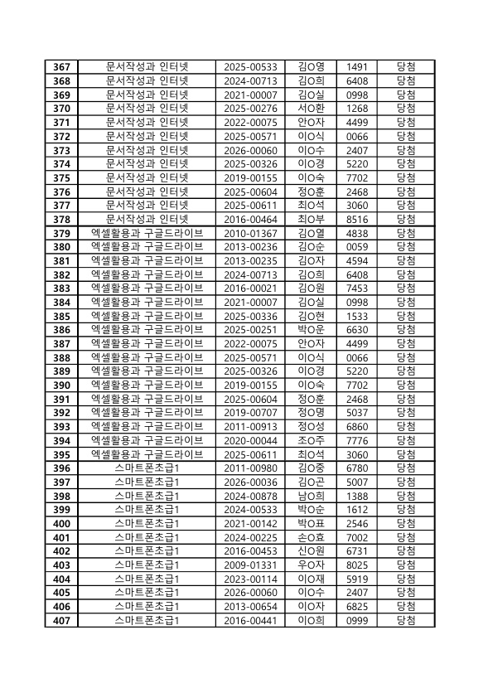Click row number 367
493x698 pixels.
coord(61,66)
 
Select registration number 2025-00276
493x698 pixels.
coord(251,108)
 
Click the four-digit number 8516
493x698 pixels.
coord(357,219)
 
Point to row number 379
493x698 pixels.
coord(61,233)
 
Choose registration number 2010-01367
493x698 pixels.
coord(251,233)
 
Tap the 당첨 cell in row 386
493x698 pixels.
coord(406,329)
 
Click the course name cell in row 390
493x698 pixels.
coord(147,385)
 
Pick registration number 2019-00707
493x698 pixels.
coord(251,412)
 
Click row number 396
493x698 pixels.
coord(61,468)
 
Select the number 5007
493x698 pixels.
coord(357,482)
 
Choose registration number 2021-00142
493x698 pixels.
coord(251,523)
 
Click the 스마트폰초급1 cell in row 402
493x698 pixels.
coord(147,550)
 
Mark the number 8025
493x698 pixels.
coord(357,565)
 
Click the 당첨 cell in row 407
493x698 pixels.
coord(406,620)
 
